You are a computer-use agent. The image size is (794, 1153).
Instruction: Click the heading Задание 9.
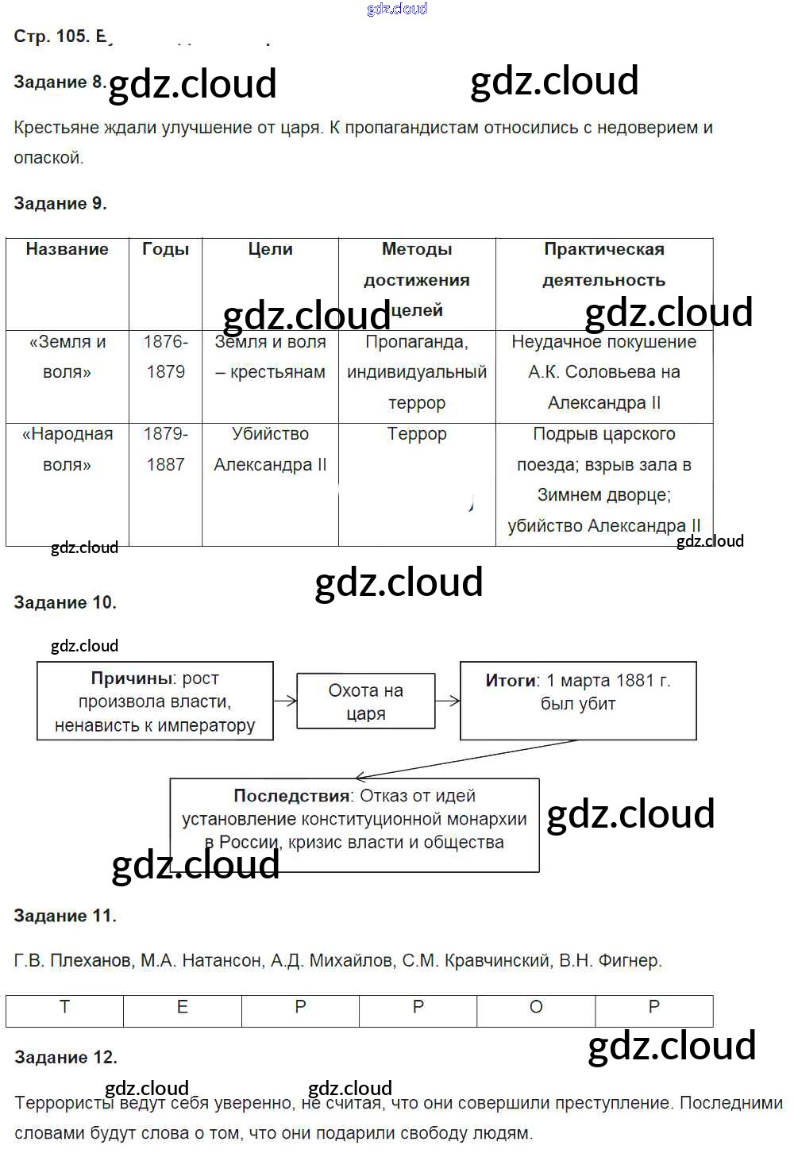pyautogui.click(x=60, y=203)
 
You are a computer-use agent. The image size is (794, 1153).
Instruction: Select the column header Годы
pyautogui.click(x=165, y=249)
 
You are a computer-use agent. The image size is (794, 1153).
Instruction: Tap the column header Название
pyautogui.click(x=67, y=249)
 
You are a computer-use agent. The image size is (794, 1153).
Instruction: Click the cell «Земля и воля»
pyautogui.click(x=67, y=357)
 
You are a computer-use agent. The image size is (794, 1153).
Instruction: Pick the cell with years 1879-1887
pyautogui.click(x=165, y=449)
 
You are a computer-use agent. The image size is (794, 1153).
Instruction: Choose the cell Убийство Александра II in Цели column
pyautogui.click(x=270, y=449)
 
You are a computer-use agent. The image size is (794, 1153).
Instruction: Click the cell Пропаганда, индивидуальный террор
pyautogui.click(x=417, y=372)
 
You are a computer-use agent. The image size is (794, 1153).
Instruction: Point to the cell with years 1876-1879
pyautogui.click(x=165, y=357)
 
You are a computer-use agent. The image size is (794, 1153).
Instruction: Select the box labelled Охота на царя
pyautogui.click(x=366, y=701)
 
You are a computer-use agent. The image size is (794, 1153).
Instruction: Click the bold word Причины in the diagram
pyautogui.click(x=132, y=678)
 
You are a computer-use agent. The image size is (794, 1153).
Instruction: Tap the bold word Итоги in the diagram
pyautogui.click(x=511, y=681)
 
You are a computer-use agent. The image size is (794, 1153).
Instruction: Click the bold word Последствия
pyautogui.click(x=291, y=796)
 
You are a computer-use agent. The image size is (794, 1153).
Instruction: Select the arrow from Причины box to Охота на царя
pyautogui.click(x=285, y=701)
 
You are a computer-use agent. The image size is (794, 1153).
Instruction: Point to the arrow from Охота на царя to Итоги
pyautogui.click(x=448, y=701)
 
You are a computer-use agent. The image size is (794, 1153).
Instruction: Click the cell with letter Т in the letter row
pyautogui.click(x=65, y=1008)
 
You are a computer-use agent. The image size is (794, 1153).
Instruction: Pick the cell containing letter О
pyautogui.click(x=536, y=1008)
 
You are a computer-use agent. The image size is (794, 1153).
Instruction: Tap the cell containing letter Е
pyautogui.click(x=183, y=1008)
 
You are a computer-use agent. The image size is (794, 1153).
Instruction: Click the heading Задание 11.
pyautogui.click(x=65, y=916)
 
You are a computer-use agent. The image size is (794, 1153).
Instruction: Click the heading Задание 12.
pyautogui.click(x=66, y=1057)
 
